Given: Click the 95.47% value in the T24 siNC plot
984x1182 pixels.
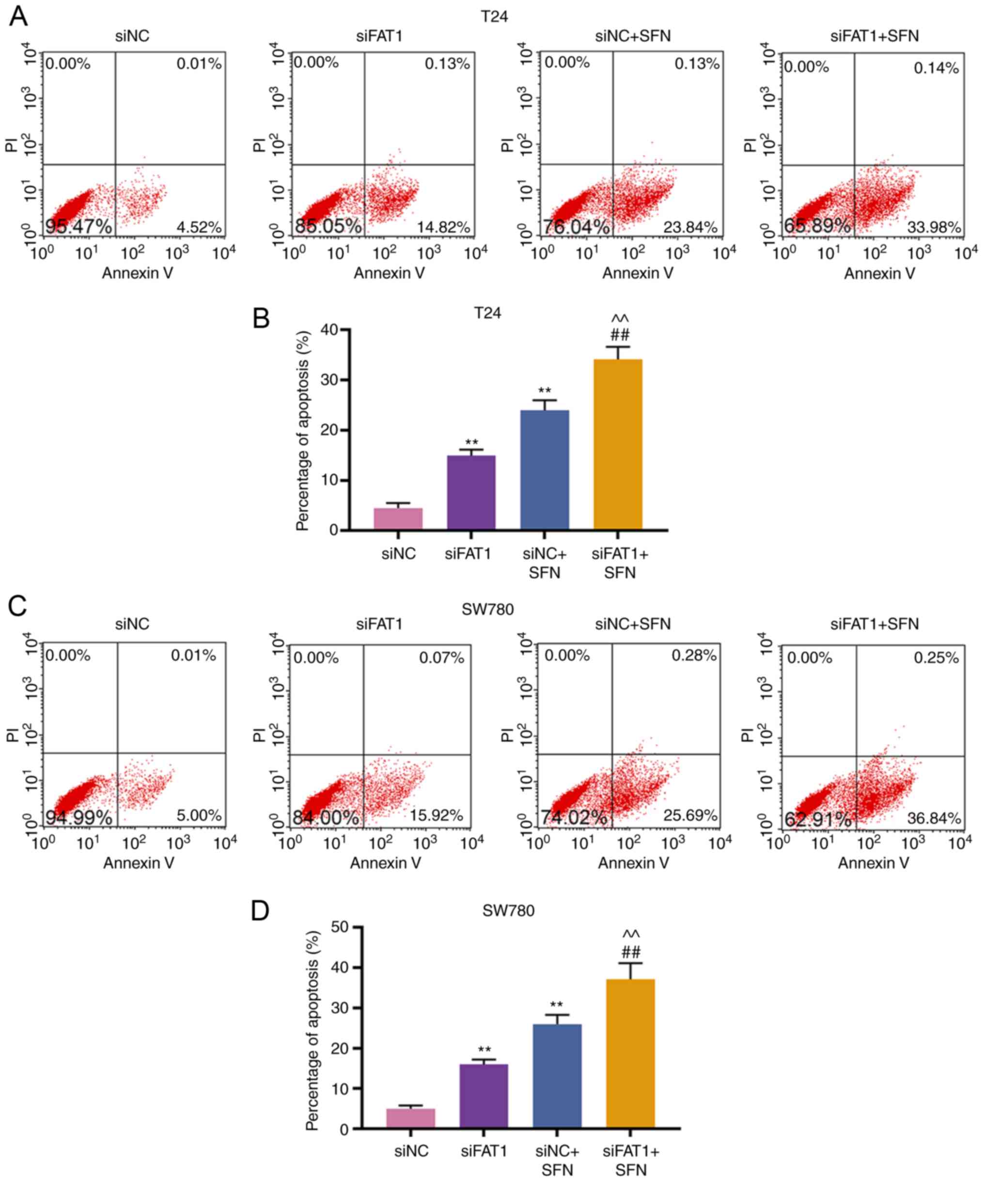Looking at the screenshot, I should pos(79,226).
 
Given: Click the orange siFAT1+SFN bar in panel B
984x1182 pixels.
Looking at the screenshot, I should pos(618,445).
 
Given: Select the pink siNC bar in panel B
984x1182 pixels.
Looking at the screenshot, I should pos(398,518).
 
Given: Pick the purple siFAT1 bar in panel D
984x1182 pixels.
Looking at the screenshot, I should pos(484,1096).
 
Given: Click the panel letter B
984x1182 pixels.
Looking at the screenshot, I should pos(261,319).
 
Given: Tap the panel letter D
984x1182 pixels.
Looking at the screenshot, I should pos(260,911).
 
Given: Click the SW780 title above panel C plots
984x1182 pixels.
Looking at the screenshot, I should pos(487,609).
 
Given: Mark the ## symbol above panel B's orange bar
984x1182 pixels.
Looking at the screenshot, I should pos(619,336).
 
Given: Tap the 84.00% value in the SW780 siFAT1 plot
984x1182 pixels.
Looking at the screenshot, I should pos(326,818).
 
